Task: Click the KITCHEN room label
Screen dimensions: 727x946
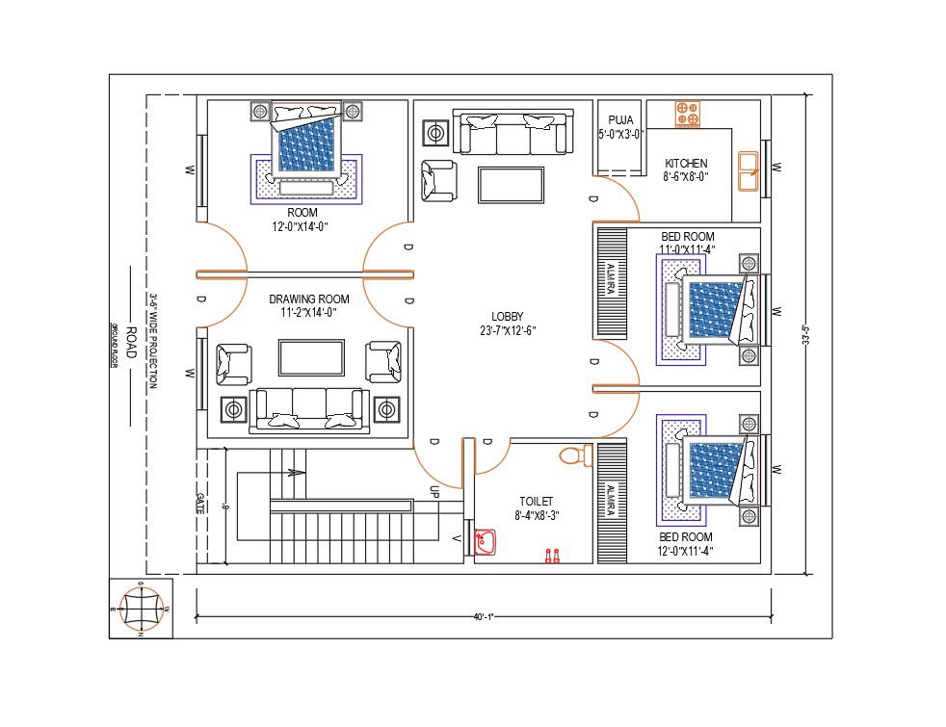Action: click(685, 164)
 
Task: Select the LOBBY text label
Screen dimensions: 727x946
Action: click(507, 316)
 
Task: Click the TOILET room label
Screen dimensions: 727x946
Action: click(536, 502)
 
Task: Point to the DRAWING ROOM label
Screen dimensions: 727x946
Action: click(308, 299)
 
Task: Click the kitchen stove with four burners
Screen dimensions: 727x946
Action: click(687, 113)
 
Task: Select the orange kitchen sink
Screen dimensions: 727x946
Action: click(749, 172)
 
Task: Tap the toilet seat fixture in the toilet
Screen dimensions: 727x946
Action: click(572, 454)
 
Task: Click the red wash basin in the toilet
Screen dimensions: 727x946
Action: click(485, 543)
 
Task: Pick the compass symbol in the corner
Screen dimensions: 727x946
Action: click(142, 609)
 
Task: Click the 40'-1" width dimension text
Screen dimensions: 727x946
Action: click(483, 617)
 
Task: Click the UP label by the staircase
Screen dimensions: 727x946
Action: click(434, 491)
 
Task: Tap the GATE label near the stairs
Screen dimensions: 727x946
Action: click(200, 503)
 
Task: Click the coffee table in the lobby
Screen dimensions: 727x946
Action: click(511, 184)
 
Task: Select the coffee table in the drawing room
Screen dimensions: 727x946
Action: click(310, 357)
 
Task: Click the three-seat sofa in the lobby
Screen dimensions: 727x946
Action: click(512, 133)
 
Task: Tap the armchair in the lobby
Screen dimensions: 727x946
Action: click(438, 181)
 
